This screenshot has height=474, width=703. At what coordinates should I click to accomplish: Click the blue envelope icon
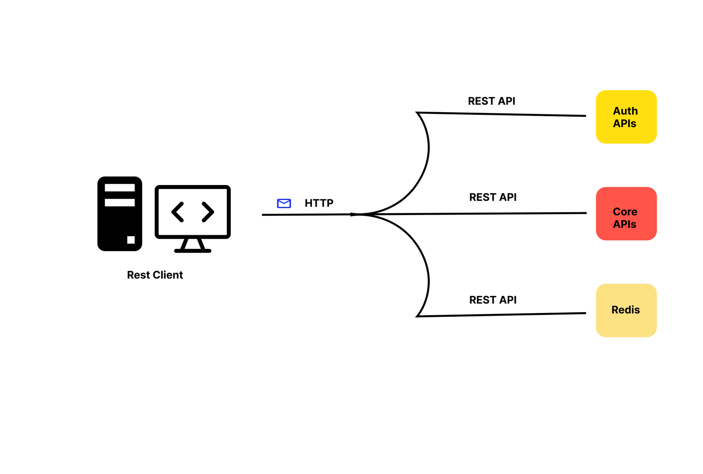pyautogui.click(x=284, y=203)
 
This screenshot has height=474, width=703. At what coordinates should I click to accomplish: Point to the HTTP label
pyautogui.click(x=319, y=203)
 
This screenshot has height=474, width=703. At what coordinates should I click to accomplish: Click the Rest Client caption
pyautogui.click(x=155, y=275)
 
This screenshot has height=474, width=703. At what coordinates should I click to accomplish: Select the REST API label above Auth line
pyautogui.click(x=491, y=101)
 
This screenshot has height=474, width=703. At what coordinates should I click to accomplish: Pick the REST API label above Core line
pyautogui.click(x=493, y=197)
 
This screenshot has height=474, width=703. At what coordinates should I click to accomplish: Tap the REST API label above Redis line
pyautogui.click(x=493, y=300)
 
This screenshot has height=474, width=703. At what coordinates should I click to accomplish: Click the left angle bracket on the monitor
pyautogui.click(x=178, y=212)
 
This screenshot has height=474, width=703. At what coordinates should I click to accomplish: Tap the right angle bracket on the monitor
pyautogui.click(x=208, y=212)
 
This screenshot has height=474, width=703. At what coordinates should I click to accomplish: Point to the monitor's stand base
pyautogui.click(x=192, y=251)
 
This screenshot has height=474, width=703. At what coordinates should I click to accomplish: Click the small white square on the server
pyautogui.click(x=131, y=240)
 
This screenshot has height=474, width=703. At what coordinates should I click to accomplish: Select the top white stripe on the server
pyautogui.click(x=120, y=188)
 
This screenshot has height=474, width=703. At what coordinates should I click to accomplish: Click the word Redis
pyautogui.click(x=626, y=310)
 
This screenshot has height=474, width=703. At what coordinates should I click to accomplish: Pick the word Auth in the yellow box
pyautogui.click(x=625, y=111)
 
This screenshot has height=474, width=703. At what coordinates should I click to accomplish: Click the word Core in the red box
pyautogui.click(x=625, y=211)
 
